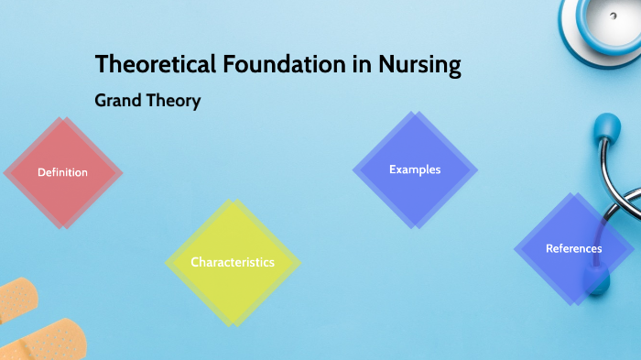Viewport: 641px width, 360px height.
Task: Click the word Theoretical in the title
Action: pyautogui.click(x=156, y=66)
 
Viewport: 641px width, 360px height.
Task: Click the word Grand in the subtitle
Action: pyautogui.click(x=117, y=101)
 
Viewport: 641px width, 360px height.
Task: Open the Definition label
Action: pyautogui.click(x=62, y=172)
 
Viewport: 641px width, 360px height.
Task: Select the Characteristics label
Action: pyautogui.click(x=233, y=262)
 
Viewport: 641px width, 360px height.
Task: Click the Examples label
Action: pyautogui.click(x=415, y=169)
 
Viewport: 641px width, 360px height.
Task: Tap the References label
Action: pyautogui.click(x=573, y=248)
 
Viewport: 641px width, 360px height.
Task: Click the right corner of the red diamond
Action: pyautogui.click(x=123, y=172)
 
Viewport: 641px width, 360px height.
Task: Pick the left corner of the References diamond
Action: pyautogui.click(x=514, y=248)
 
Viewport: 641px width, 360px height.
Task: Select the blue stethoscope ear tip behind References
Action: pyautogui.click(x=597, y=275)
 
